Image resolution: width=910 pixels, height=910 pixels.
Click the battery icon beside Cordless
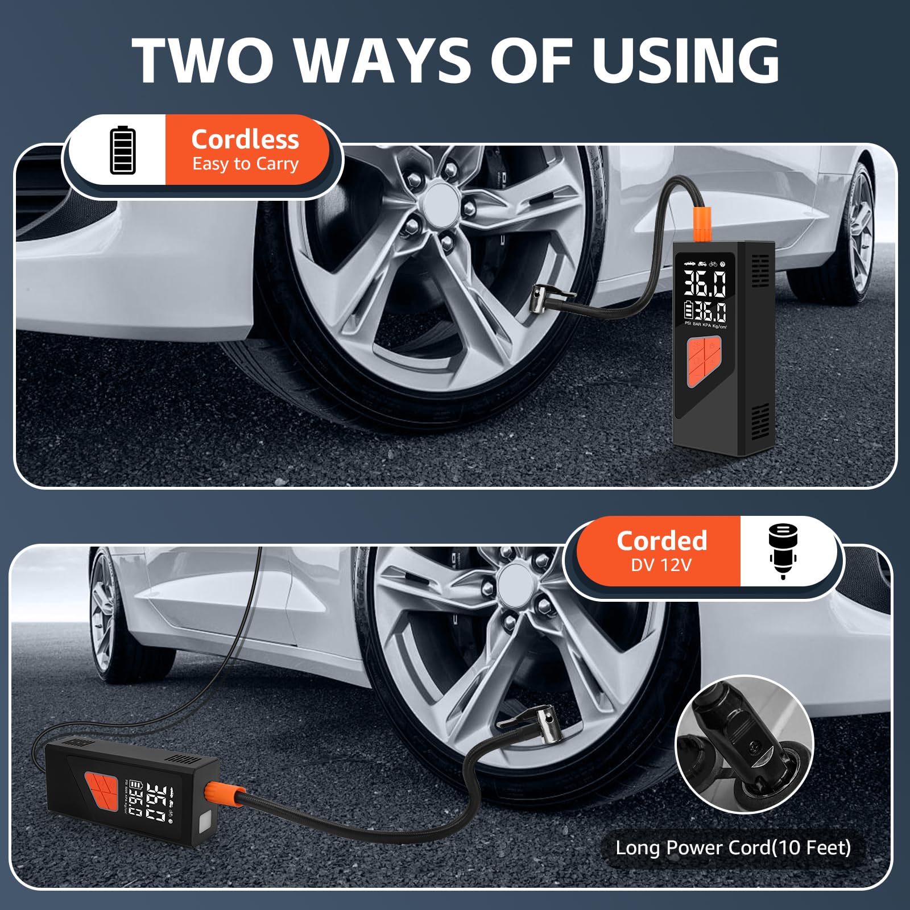tap(123, 150)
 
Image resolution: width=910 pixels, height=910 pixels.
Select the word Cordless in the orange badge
tap(245, 139)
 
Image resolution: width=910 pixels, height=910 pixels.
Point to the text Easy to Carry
tap(245, 164)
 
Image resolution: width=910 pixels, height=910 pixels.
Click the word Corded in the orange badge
tap(661, 540)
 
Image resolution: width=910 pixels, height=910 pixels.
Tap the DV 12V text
tap(661, 565)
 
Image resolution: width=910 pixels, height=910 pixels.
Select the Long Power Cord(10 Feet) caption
tap(733, 847)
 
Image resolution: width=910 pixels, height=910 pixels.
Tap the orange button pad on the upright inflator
tap(704, 361)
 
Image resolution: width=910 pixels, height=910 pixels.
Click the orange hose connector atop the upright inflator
tap(698, 225)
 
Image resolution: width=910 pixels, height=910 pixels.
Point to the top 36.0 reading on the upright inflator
tap(705, 283)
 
